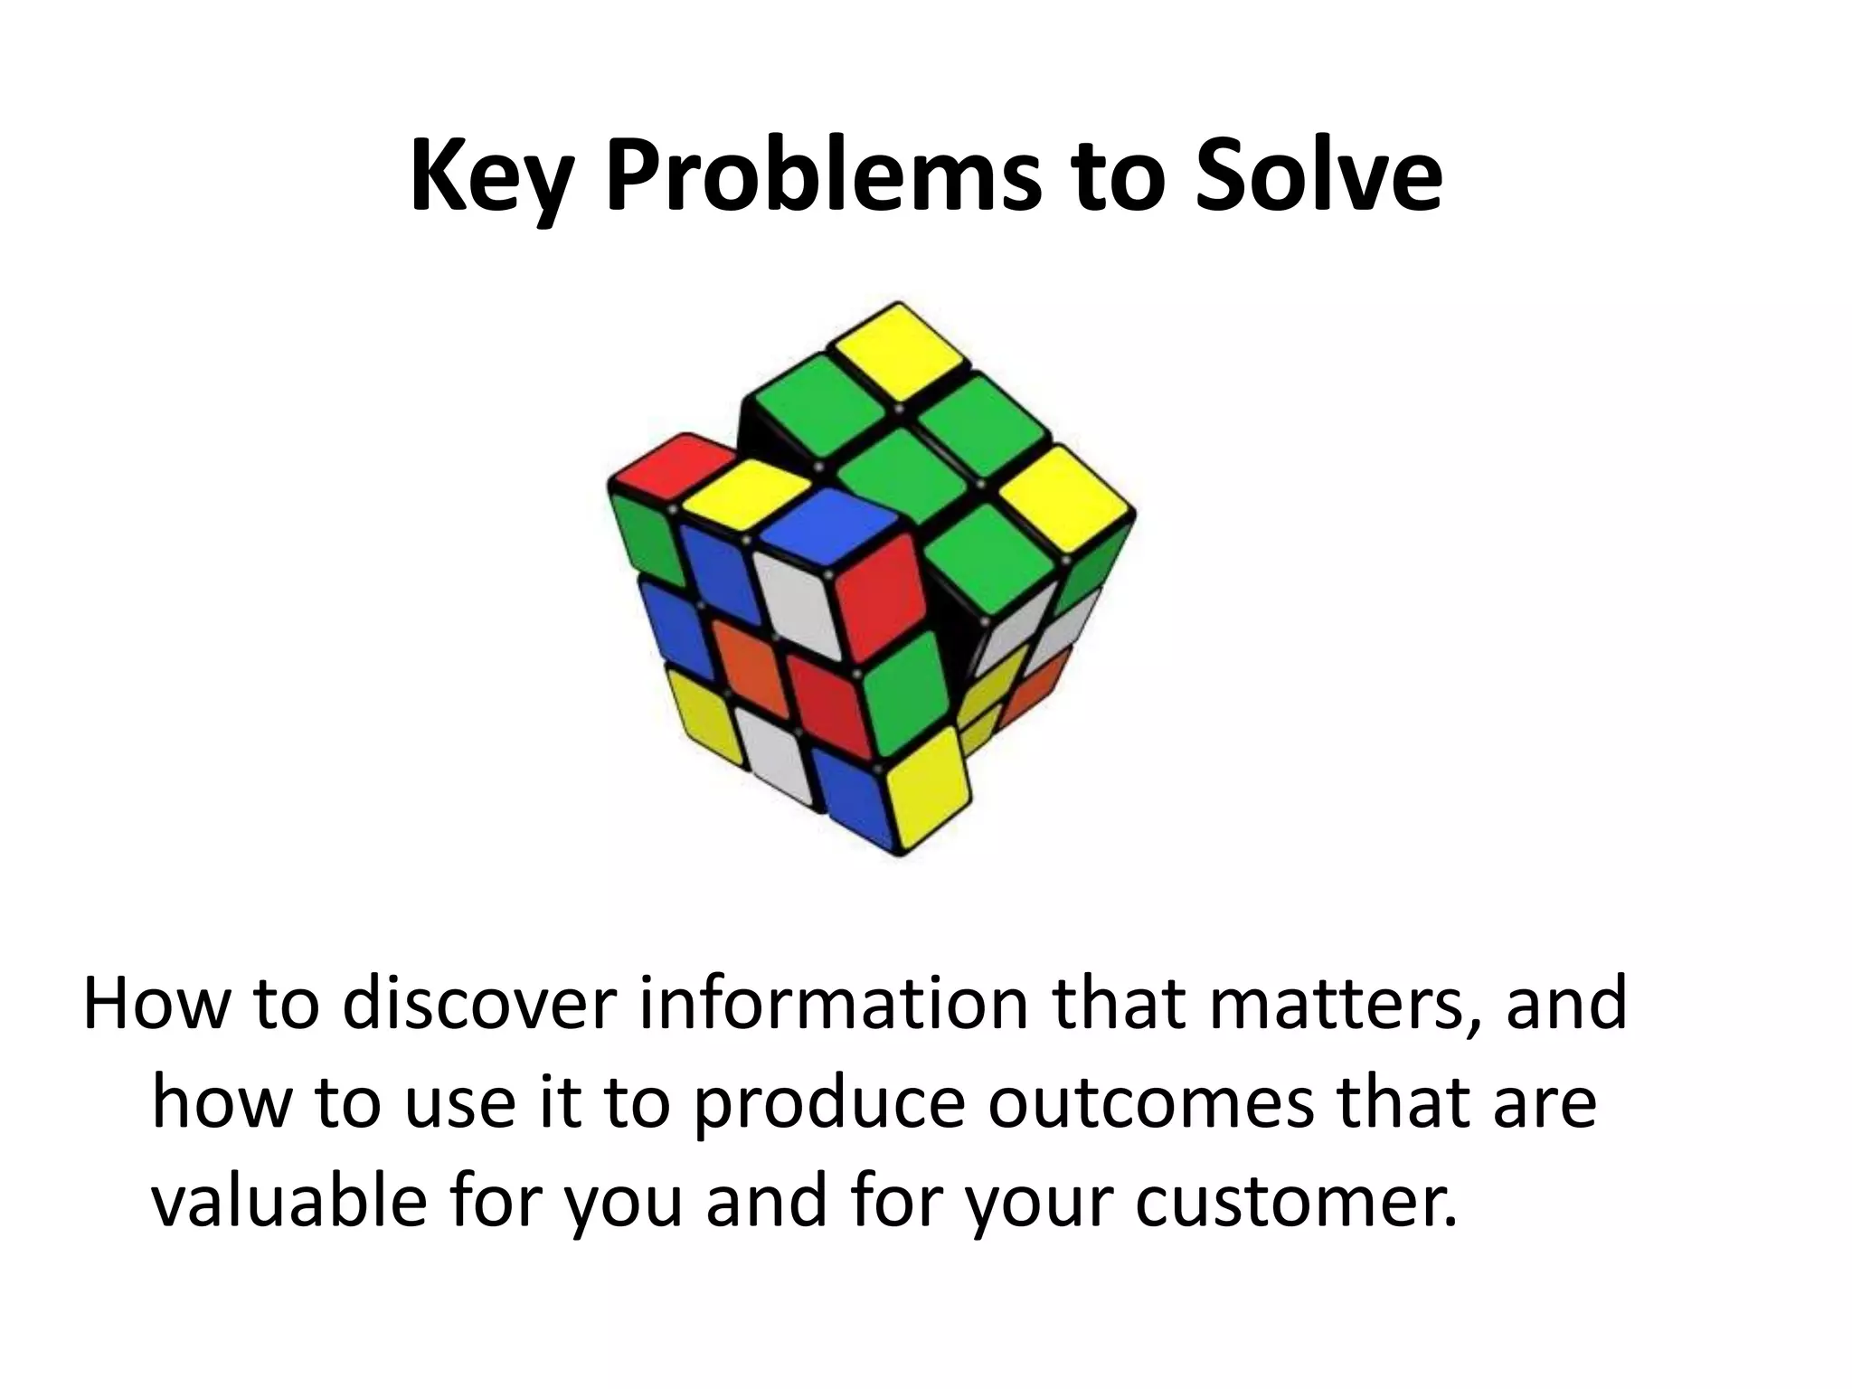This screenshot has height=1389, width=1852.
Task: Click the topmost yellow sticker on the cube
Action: pos(898,350)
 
